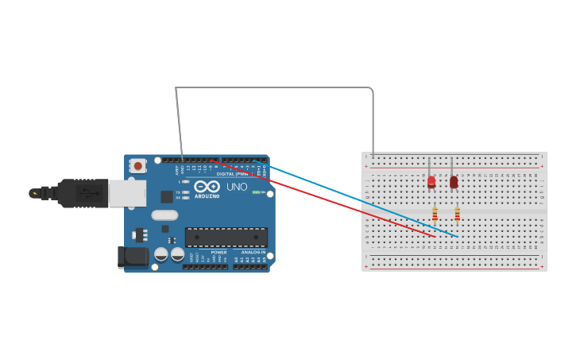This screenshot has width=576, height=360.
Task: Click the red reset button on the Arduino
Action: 138,166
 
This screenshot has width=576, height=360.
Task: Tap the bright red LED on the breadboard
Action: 431,181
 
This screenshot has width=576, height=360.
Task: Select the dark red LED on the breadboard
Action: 454,182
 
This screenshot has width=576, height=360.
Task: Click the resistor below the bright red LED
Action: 435,214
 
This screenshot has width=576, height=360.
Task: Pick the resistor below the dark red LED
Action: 457,214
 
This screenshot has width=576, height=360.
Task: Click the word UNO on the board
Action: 238,188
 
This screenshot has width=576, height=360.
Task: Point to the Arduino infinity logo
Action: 207,186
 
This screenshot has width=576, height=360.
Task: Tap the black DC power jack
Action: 131,256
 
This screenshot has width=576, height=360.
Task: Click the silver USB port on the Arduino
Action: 127,192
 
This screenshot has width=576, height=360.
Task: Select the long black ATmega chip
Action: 226,237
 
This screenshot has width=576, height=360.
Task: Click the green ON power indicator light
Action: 257,192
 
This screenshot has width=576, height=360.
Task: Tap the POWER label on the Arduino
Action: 218,252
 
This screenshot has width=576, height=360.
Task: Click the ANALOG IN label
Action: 253,252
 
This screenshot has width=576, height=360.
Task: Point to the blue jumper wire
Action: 358,199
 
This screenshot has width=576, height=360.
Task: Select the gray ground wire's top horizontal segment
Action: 274,87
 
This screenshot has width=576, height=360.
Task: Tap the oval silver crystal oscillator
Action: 164,215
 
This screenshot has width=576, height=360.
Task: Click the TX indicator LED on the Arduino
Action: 185,192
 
